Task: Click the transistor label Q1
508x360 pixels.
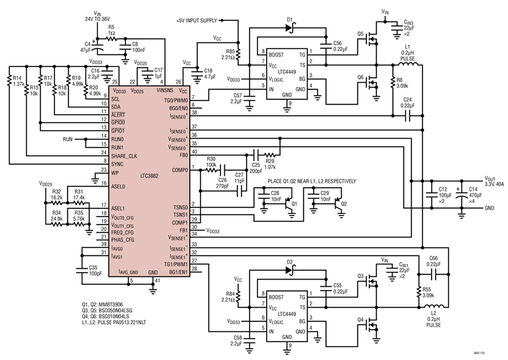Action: (x=294, y=204)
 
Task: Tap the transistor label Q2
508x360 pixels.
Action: (x=343, y=204)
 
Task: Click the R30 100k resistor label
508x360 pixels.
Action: (x=212, y=162)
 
